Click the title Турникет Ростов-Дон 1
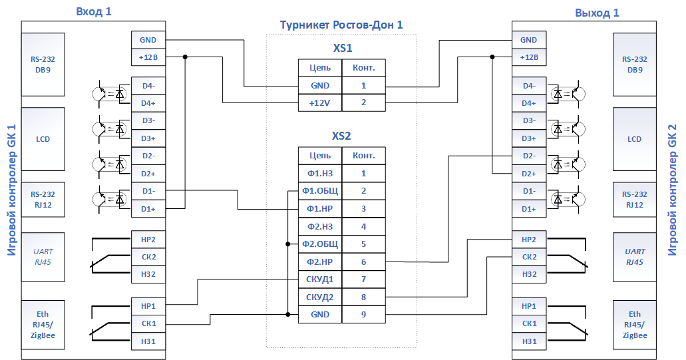point(341,25)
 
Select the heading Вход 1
point(94,11)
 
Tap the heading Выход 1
point(597,13)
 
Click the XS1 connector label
point(343,48)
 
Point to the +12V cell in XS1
point(320,103)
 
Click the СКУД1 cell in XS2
point(320,279)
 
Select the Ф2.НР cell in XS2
point(320,262)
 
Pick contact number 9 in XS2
point(363,315)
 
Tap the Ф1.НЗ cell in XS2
point(320,174)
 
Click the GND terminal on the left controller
point(148,40)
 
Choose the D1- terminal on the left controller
point(148,191)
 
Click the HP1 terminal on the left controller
point(148,306)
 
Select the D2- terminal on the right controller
point(529,156)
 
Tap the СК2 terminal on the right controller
point(529,257)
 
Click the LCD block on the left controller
point(43,139)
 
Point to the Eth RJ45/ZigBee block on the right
point(634,325)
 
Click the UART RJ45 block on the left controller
point(43,258)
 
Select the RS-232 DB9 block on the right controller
point(634,65)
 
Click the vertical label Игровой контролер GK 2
point(673,190)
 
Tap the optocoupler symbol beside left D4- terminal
point(109,94)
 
